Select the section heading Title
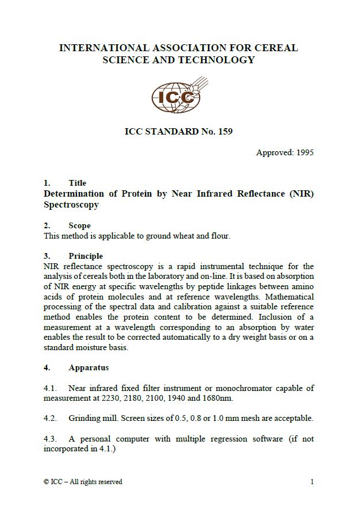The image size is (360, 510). pos(77,183)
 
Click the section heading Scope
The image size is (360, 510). pos(79,226)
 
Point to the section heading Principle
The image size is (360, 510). pos(86,256)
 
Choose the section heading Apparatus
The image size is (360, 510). pos(89,367)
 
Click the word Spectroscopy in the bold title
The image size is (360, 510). pos(71,205)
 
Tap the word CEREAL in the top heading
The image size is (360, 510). pos(277,48)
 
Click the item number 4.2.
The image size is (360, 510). pos(51,418)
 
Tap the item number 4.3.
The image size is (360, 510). pos(51,439)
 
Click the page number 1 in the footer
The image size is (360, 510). pos(312,482)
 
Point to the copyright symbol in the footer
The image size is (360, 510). pos(47,482)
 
